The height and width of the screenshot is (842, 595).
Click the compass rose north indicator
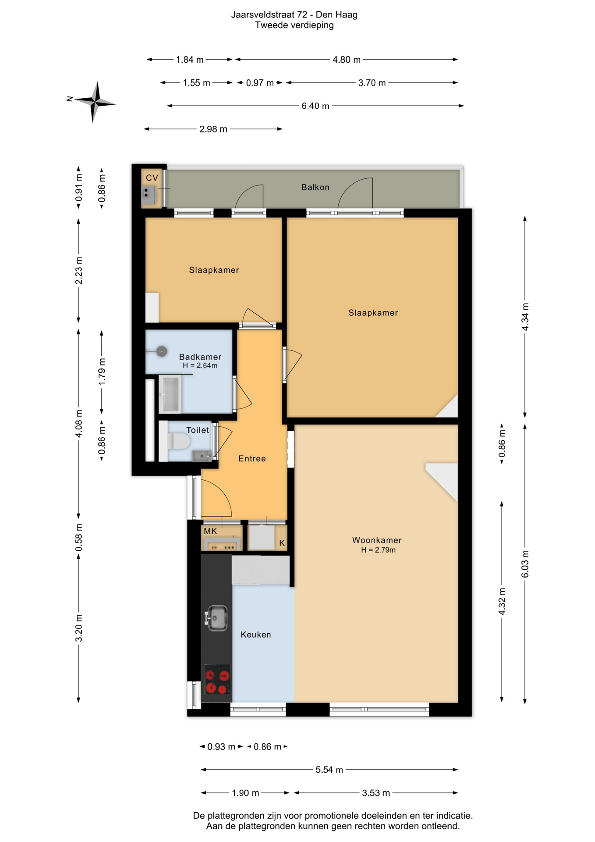[70, 99]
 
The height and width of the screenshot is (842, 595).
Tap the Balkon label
[315, 187]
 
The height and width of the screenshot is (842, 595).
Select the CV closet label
[152, 178]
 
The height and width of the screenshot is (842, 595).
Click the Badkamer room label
[200, 357]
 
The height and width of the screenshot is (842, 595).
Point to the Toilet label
[198, 430]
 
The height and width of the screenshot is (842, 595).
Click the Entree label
[252, 458]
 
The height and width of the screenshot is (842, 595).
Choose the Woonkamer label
[377, 540]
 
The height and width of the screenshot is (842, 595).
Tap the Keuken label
[256, 634]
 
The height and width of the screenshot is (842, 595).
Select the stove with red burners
[218, 679]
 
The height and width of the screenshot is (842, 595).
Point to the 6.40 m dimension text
[315, 106]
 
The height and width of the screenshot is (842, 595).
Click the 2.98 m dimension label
[213, 129]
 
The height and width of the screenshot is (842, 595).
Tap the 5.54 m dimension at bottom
[329, 770]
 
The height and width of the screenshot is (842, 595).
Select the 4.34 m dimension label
[525, 317]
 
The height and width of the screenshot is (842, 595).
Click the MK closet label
[210, 531]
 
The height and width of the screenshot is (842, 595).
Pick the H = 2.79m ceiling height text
[378, 550]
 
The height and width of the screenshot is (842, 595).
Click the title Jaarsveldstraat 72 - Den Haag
[294, 15]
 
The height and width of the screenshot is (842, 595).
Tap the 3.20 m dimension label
[79, 628]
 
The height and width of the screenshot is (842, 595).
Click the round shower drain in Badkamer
[162, 351]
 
